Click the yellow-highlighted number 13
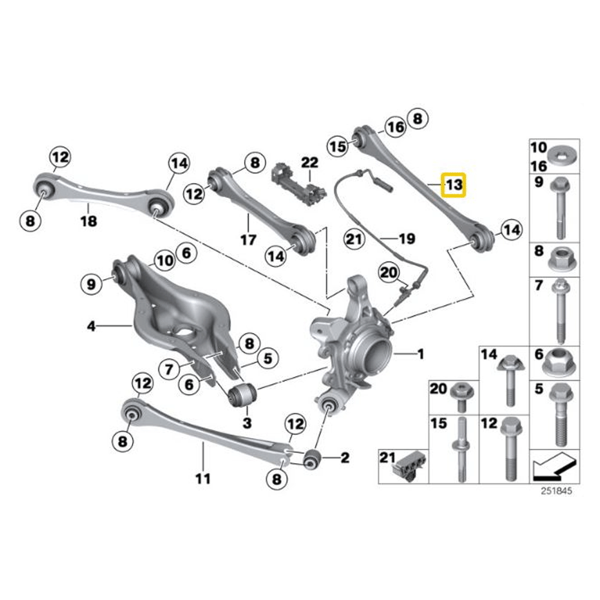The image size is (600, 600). point(454,185)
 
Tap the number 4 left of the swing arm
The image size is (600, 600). point(91,327)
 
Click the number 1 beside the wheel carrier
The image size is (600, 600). point(421,355)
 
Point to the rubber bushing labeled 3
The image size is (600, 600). point(243,395)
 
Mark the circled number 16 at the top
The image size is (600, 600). point(395,127)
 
